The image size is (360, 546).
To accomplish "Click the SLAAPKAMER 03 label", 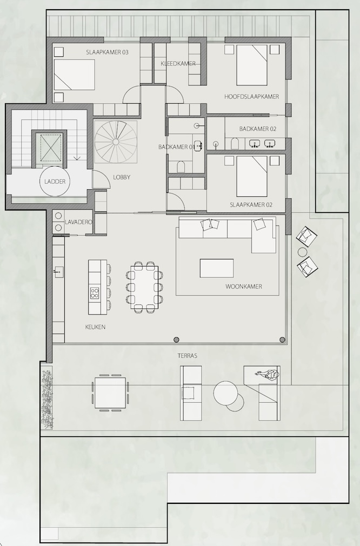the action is [107, 52].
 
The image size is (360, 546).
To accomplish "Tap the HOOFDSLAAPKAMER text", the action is [251, 96].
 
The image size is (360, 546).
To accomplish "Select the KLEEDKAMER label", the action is [178, 63].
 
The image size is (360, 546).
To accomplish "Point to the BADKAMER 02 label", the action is [258, 129].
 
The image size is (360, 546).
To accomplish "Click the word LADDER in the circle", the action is [55, 182].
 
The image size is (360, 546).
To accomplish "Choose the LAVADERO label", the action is [78, 222].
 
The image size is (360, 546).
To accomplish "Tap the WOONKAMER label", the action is [244, 287].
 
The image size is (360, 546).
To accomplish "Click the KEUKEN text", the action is [95, 327].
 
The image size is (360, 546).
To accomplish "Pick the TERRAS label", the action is [188, 356].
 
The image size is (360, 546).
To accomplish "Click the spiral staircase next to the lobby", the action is [116, 142].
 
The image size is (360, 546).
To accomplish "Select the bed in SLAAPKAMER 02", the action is [252, 176].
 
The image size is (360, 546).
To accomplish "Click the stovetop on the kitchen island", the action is [95, 293].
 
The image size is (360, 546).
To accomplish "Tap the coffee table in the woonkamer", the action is [217, 268].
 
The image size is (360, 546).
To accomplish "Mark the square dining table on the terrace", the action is [110, 393].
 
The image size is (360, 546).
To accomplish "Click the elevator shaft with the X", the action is [51, 148].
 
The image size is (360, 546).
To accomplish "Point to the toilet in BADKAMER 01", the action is [181, 167].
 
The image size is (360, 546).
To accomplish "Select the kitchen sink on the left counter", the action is [58, 271].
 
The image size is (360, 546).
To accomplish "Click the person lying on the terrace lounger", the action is [268, 374].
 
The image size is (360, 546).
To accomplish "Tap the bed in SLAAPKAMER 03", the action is [75, 75].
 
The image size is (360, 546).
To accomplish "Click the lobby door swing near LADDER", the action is [99, 179].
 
